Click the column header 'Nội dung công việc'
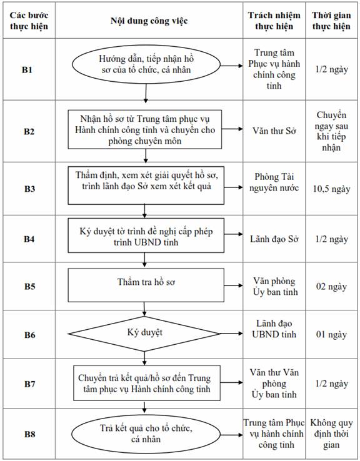(149, 21)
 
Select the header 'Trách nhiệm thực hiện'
(274, 21)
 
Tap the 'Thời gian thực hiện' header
(331, 21)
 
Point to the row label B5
(29, 286)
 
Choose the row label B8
(29, 434)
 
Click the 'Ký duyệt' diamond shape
(144, 334)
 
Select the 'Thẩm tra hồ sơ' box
(146, 285)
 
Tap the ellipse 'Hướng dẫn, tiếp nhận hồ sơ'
(146, 64)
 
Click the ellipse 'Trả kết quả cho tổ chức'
(146, 434)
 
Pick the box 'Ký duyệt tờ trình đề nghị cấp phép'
(146, 235)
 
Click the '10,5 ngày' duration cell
(331, 189)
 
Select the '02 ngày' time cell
(331, 286)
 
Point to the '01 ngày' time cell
(331, 335)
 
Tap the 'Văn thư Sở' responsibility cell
(274, 131)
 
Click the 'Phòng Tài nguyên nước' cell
(274, 182)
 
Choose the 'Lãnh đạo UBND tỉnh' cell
(274, 329)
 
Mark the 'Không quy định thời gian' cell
(331, 434)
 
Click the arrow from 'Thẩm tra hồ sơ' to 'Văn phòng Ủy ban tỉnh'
(234, 285)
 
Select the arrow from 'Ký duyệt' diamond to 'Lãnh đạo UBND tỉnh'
(232, 334)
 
